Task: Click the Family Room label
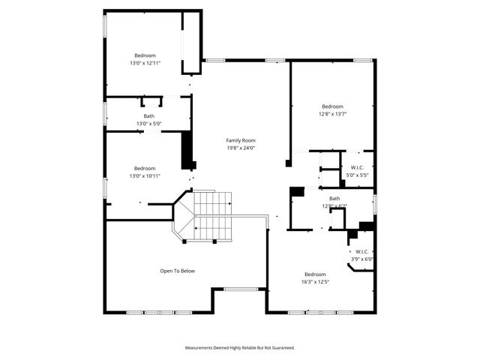[x=241, y=140]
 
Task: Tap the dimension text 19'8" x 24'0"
[x=241, y=148]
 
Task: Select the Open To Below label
[x=177, y=271]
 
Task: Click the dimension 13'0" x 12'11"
[x=145, y=63]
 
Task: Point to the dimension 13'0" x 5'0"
[x=148, y=123]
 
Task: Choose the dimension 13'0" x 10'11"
[x=145, y=175]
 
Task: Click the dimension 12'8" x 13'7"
[x=332, y=113]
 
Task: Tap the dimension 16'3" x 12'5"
[x=315, y=281]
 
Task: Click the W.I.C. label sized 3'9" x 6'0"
[x=362, y=252]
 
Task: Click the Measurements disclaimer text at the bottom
[x=240, y=348]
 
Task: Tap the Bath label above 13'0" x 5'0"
[x=149, y=115]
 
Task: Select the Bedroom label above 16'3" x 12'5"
[x=315, y=274]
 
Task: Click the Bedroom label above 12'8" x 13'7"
[x=332, y=106]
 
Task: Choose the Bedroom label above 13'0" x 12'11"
[x=145, y=55]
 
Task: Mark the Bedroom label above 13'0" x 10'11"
[x=145, y=168]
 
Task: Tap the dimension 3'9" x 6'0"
[x=362, y=259]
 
